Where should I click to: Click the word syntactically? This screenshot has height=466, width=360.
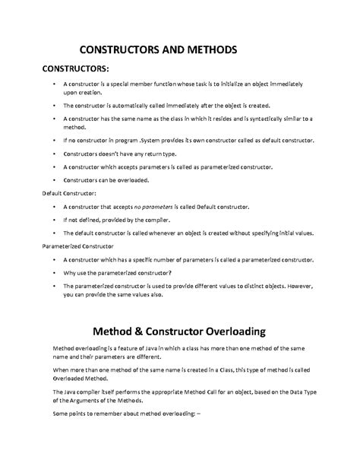click(263, 119)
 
